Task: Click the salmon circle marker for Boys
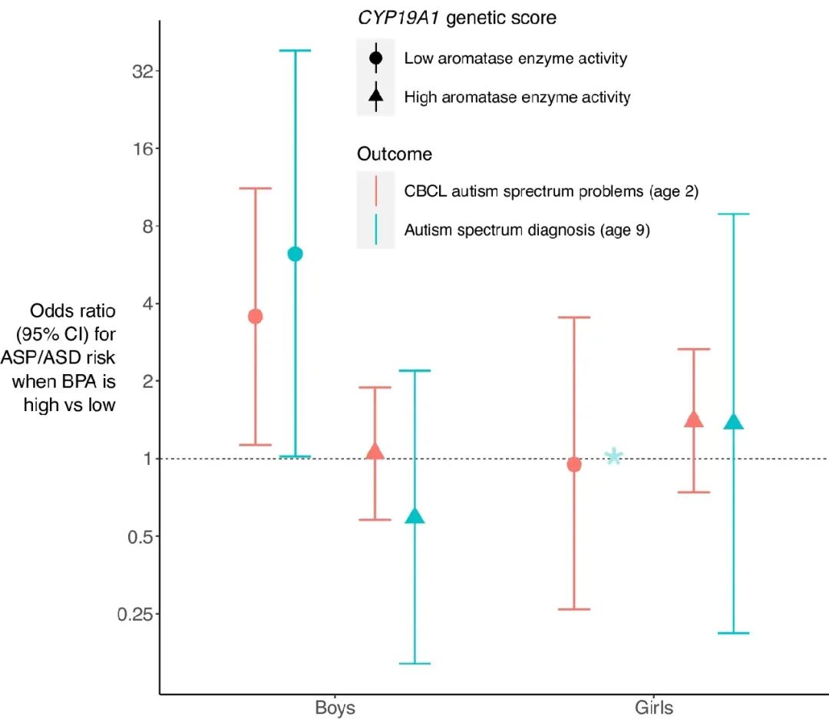point(256,317)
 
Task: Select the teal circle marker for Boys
point(295,254)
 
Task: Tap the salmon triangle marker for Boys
point(375,452)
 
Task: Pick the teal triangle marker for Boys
point(414,516)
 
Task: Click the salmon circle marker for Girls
point(573,464)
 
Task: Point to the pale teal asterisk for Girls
point(613,456)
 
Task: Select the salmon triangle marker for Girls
point(693,420)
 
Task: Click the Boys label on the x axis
point(335,707)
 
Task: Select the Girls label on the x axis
point(654,707)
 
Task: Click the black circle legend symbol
point(375,58)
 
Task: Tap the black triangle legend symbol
point(375,96)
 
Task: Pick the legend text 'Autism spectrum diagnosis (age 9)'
point(527,230)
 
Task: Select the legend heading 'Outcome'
point(395,154)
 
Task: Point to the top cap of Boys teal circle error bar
point(295,51)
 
